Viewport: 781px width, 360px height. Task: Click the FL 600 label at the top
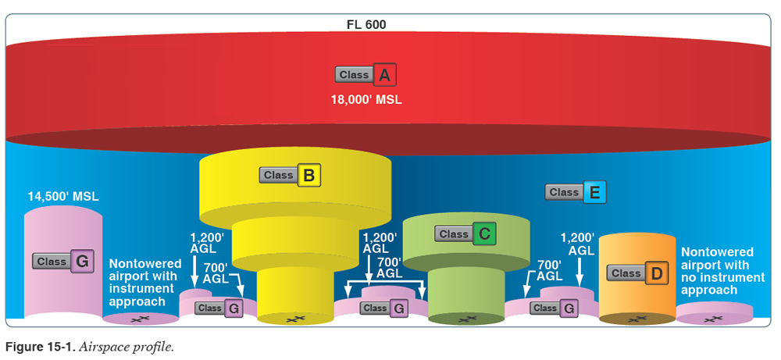click(366, 24)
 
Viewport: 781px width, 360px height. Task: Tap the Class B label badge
click(291, 176)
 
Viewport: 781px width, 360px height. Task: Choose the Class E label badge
click(576, 192)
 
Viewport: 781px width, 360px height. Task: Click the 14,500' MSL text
click(62, 196)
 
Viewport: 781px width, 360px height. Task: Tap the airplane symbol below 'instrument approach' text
click(141, 318)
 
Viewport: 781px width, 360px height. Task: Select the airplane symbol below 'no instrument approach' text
click(711, 318)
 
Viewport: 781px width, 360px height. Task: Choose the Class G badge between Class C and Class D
click(555, 308)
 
